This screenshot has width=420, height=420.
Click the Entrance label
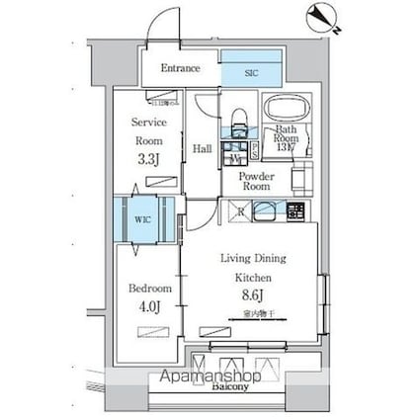click(x=181, y=69)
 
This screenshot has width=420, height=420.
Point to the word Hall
click(x=202, y=149)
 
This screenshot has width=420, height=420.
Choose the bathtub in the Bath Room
click(x=286, y=110)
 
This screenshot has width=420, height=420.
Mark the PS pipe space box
click(x=255, y=150)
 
